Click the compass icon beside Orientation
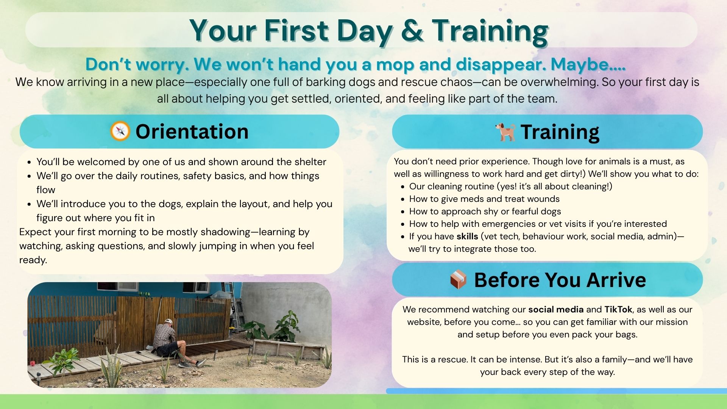(120, 131)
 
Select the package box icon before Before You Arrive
(458, 279)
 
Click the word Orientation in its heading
(192, 131)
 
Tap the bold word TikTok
(618, 309)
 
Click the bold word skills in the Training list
(467, 236)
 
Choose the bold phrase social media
(556, 309)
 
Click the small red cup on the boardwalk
(33, 364)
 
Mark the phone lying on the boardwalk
(139, 353)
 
